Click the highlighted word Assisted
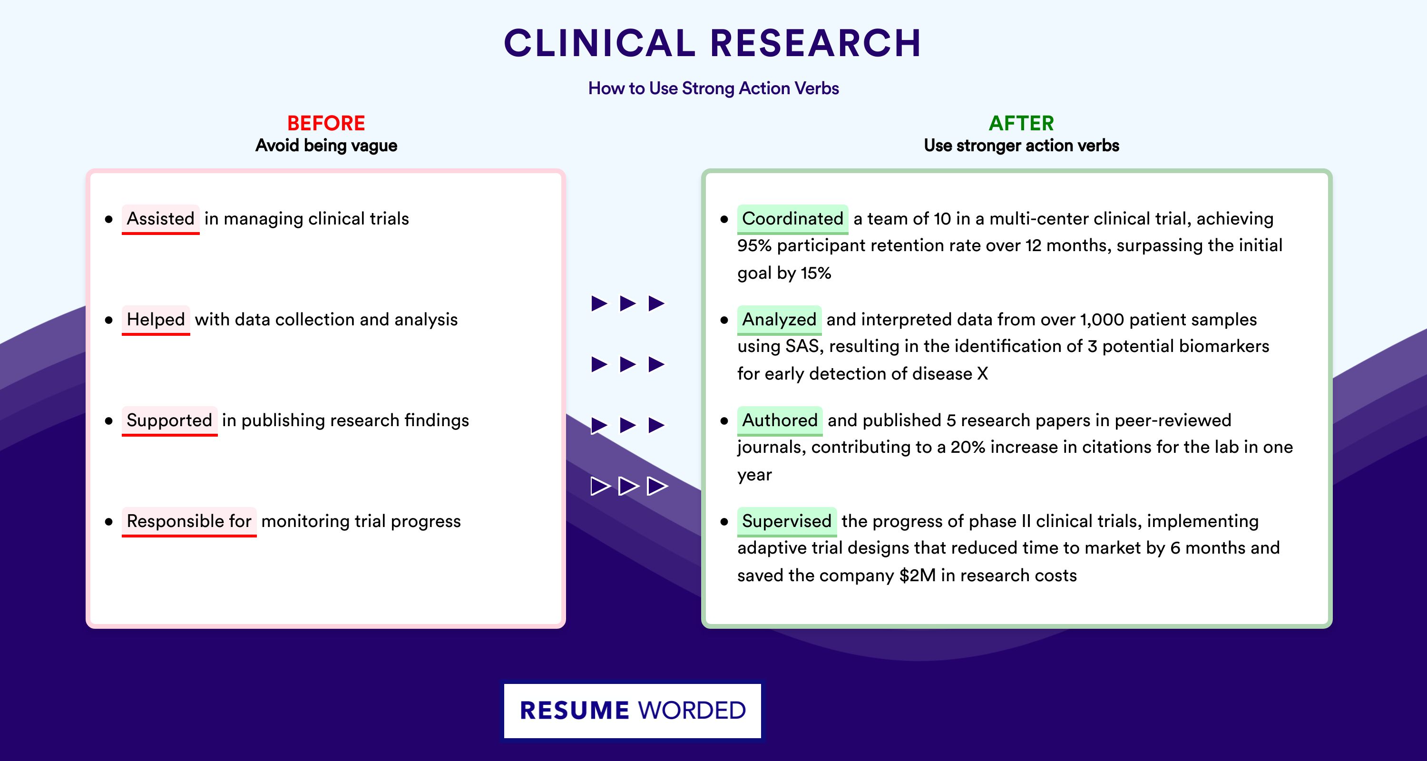click(x=161, y=219)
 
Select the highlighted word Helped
click(x=156, y=320)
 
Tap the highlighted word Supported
click(x=169, y=420)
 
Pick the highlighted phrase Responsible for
click(x=189, y=521)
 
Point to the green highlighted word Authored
click(x=780, y=420)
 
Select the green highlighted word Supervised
click(x=787, y=521)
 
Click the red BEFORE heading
click(x=326, y=123)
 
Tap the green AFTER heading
click(x=1022, y=123)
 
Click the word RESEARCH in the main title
click(x=815, y=43)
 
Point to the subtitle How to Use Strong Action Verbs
click(x=713, y=88)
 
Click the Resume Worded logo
click(x=633, y=711)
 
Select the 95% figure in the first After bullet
click(x=754, y=245)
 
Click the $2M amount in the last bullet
click(x=918, y=576)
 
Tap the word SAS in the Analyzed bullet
click(x=802, y=346)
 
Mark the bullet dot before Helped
click(x=108, y=320)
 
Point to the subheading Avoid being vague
click(x=326, y=146)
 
